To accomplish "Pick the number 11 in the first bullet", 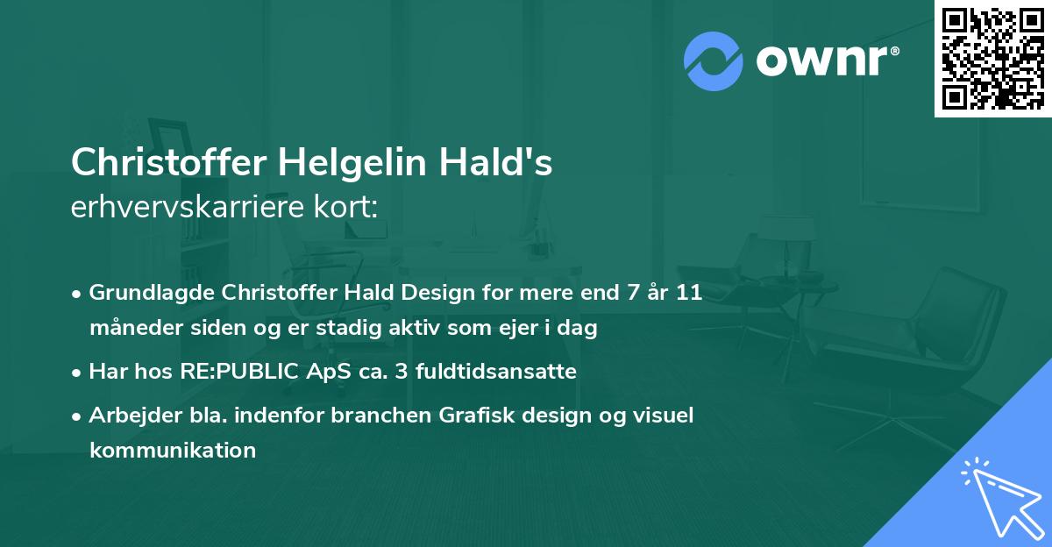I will [x=690, y=293].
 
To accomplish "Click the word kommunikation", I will [x=173, y=451].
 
